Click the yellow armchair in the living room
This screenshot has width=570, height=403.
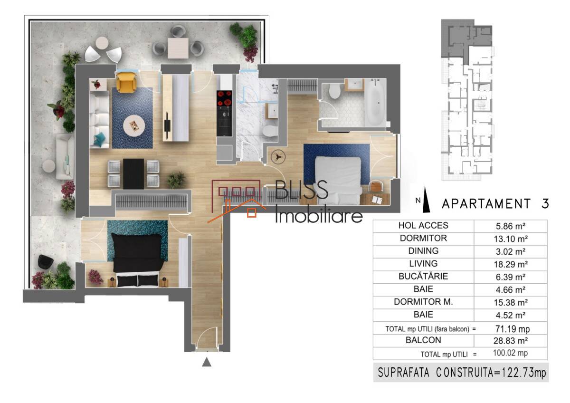[x=126, y=82]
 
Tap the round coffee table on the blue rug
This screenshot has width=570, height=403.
[x=134, y=125]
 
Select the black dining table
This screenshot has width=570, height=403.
[x=133, y=174]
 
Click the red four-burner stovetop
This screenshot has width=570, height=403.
[x=224, y=98]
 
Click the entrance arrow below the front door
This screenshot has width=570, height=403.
[x=207, y=362]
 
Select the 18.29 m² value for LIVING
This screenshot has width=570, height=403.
[x=511, y=265]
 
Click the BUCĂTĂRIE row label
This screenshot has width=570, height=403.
[x=423, y=277]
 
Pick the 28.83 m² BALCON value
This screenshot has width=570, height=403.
[x=511, y=341]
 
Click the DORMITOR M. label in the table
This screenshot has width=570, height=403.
[x=423, y=302]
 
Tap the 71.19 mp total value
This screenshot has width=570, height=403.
[x=512, y=329]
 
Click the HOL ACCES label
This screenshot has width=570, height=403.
[x=423, y=226]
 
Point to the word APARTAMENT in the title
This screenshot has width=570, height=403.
[x=486, y=204]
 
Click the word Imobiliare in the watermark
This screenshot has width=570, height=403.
[x=319, y=216]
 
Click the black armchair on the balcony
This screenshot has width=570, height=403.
[x=46, y=261]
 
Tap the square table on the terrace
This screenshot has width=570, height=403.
[x=178, y=48]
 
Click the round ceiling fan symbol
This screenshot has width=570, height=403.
[x=278, y=156]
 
